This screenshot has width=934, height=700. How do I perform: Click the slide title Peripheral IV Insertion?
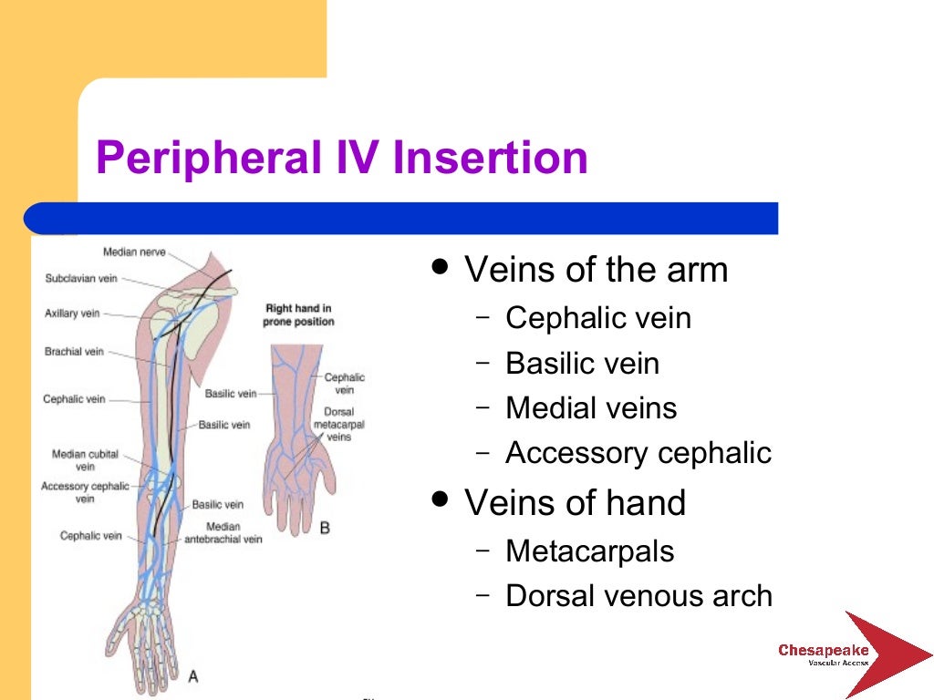(341, 158)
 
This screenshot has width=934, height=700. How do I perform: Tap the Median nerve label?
(134, 252)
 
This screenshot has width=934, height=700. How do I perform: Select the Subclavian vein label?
(81, 279)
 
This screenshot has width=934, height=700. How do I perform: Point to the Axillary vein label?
(72, 314)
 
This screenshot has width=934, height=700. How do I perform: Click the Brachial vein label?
(74, 352)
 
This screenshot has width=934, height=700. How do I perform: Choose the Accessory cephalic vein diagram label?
(85, 492)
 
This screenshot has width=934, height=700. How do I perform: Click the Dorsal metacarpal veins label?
(332, 425)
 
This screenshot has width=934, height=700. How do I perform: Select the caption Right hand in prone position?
(299, 315)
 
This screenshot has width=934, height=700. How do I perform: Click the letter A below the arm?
(192, 675)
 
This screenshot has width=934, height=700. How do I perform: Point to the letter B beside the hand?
(325, 527)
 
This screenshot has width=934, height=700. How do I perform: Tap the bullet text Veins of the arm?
(596, 270)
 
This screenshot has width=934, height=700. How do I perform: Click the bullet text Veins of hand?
(575, 502)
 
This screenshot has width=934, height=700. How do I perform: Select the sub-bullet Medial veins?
(591, 407)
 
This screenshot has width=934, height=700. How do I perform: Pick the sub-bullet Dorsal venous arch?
(638, 595)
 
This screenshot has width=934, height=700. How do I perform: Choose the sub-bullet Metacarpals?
(590, 551)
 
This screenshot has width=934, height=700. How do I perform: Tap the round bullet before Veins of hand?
(441, 499)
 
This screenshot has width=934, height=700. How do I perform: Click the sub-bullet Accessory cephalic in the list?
(638, 452)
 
